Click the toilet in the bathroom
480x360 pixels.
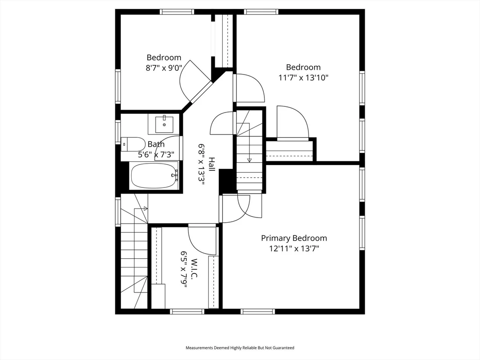pos(133,144)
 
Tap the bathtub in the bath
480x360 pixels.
pos(154,176)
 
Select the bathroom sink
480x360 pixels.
pos(164,124)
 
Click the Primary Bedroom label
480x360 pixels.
pos(294,238)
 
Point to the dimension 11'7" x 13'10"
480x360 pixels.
pos(303,78)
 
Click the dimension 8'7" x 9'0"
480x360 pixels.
pos(164,67)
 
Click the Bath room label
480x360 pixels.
pos(156,144)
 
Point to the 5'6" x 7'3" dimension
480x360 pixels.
pos(156,154)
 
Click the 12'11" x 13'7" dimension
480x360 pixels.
pos(294,249)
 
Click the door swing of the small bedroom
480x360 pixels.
pos(193,80)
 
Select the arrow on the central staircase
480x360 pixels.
pos(249,160)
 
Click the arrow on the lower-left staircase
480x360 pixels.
pos(145,208)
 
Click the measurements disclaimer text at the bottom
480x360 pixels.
pos(240,348)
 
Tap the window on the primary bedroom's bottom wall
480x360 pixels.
pos(257,311)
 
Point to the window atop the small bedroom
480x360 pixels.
pos(177,12)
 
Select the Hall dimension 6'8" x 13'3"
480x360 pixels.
pos(202,165)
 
